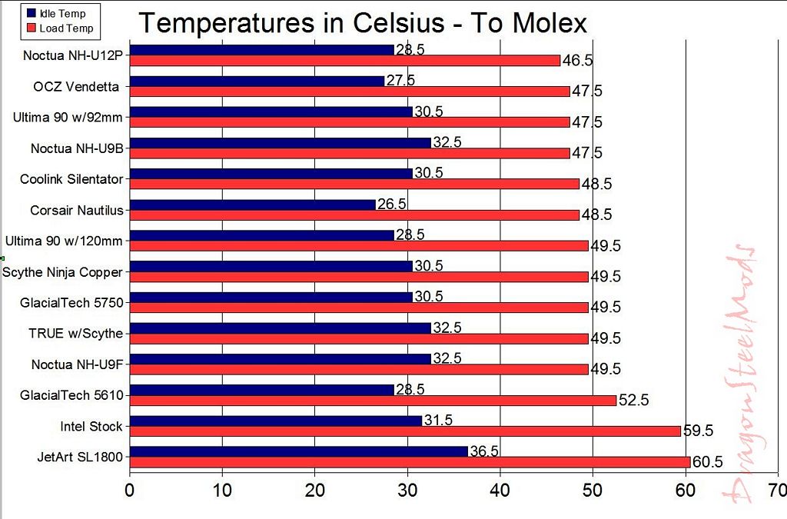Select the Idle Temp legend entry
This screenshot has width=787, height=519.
56,14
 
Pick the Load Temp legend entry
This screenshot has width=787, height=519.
60,28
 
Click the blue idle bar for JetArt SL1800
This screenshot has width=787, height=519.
299,451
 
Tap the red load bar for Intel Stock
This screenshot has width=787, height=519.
405,431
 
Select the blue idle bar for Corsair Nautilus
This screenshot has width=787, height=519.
252,205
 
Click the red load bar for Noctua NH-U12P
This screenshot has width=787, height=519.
345,60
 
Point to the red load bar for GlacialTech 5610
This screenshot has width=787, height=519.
373,400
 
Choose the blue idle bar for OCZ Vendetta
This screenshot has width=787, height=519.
257,81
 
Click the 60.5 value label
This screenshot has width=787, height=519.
707,461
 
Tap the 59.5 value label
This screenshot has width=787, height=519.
698,430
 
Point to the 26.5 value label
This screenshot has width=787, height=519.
391,204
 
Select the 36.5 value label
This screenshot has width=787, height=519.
484,451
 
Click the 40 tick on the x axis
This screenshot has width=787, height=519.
500,490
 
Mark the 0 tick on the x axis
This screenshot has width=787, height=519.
129,490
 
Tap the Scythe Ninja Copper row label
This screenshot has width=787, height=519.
62,272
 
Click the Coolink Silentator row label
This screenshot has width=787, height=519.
71,179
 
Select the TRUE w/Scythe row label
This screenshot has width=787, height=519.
76,334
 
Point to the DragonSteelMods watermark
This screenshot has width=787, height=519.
739,374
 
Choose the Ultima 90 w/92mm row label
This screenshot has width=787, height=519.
68,118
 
